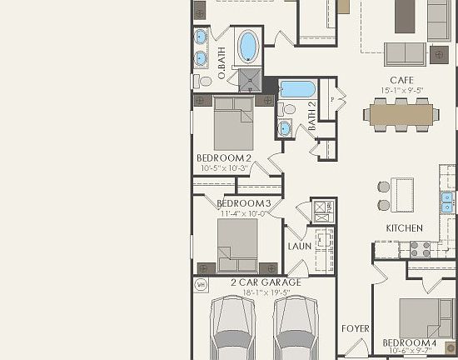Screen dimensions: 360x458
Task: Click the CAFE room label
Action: click(x=401, y=80)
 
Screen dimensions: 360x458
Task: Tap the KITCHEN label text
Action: click(x=404, y=227)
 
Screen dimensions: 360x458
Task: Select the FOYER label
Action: click(x=356, y=329)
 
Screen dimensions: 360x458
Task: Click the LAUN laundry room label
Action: click(x=300, y=246)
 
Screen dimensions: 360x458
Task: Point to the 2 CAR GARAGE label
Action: click(x=266, y=282)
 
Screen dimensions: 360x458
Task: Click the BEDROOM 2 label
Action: click(x=223, y=157)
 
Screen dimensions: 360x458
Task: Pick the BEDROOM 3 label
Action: click(x=243, y=203)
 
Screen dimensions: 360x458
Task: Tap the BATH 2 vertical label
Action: click(x=312, y=116)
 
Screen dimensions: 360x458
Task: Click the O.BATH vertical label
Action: click(x=222, y=63)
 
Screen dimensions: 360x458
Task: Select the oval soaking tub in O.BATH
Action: click(x=247, y=46)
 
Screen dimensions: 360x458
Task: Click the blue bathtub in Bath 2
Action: click(x=296, y=88)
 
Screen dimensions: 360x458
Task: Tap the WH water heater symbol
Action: click(x=201, y=285)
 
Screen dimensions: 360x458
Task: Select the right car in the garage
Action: click(x=296, y=329)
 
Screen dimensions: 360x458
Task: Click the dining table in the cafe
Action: click(x=402, y=114)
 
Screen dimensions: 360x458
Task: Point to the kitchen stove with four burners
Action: click(x=419, y=248)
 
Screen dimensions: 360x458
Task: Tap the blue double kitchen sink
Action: click(x=447, y=202)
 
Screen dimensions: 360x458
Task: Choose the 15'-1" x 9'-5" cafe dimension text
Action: click(x=401, y=90)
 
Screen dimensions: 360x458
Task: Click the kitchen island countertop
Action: click(x=403, y=195)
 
